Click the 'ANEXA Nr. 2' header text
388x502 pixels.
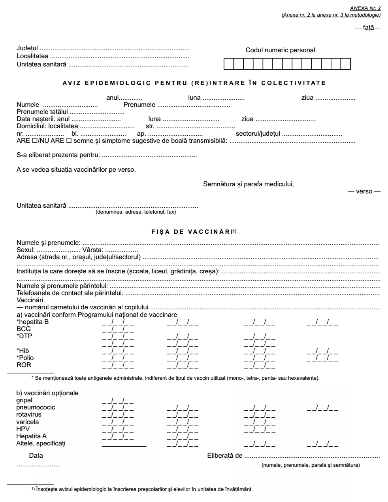(365, 8)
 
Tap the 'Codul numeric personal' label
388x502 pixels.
(280, 50)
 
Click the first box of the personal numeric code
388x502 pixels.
(229, 64)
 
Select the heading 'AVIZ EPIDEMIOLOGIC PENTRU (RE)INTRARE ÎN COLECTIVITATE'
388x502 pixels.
(194, 83)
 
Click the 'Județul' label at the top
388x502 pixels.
(27, 48)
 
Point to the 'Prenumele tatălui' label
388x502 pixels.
(42, 112)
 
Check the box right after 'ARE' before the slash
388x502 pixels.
(35, 141)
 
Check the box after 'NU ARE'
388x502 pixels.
(69, 141)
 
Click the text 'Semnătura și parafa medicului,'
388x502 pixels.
(248, 184)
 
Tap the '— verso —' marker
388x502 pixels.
(364, 191)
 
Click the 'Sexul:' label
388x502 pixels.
(26, 250)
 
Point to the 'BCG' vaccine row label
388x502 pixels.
(24, 329)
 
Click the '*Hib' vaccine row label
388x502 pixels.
(23, 350)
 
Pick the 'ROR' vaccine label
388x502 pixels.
(24, 365)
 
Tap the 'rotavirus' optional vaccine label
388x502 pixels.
(29, 415)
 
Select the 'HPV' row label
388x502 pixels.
(23, 429)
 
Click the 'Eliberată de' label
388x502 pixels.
(224, 456)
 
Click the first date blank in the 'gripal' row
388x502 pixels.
(118, 401)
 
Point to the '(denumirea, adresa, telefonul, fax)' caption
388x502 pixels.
(136, 212)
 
